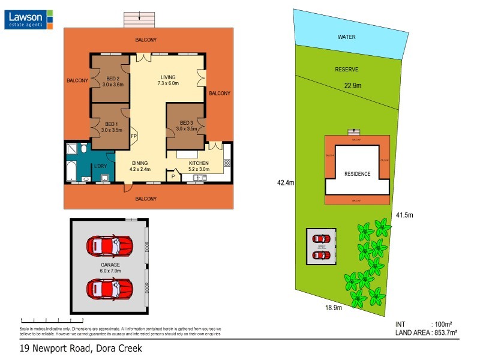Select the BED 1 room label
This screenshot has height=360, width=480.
[112, 127]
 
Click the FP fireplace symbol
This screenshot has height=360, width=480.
[134, 136]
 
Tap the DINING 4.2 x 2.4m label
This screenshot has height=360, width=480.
[139, 166]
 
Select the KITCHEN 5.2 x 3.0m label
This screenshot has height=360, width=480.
[199, 166]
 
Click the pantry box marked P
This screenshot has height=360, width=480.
[173, 176]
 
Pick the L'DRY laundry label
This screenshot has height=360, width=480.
[100, 166]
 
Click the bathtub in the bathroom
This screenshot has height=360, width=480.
[70, 171]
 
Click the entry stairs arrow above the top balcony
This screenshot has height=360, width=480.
[139, 17]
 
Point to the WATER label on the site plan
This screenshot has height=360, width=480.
[347, 37]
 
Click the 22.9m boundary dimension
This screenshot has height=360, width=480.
[352, 86]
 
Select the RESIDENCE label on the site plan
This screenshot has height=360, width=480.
[357, 174]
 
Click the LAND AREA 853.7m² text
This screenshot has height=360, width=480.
[426, 332]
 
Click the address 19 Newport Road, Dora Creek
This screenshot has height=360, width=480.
[80, 348]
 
